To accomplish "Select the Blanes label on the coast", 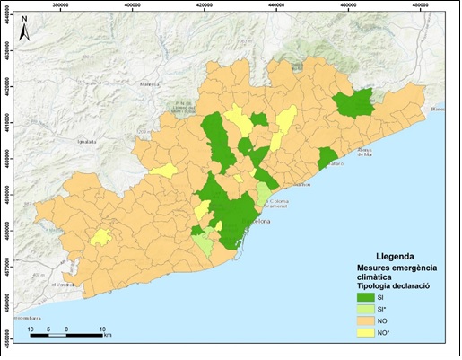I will pyautogui.click(x=438, y=109).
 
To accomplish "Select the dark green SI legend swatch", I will pyautogui.click(x=362, y=297).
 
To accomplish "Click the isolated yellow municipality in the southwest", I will pyautogui.click(x=100, y=237).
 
